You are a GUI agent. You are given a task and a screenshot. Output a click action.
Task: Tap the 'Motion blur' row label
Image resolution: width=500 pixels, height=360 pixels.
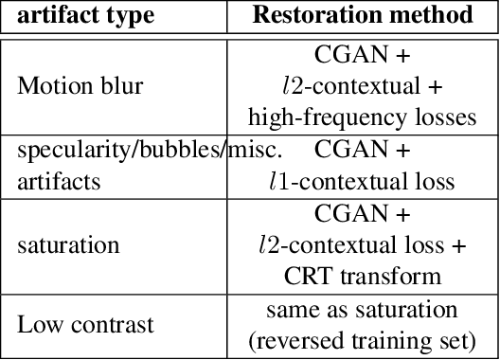[80, 86]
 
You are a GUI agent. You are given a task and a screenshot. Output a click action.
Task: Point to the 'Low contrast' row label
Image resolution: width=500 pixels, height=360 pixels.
[85, 325]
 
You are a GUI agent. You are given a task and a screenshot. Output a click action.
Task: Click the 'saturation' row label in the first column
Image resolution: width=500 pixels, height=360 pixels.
[68, 245]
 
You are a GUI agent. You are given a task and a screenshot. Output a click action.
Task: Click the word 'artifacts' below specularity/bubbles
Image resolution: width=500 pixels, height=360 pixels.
[59, 181]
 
